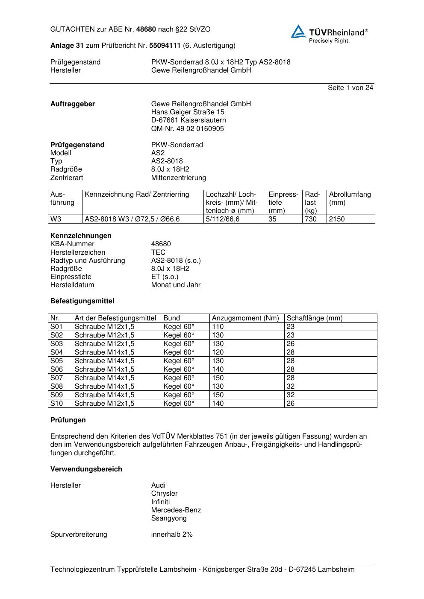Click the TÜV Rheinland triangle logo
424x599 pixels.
(299, 32)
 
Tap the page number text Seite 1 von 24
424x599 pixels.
(350, 88)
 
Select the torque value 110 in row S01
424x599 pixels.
(218, 327)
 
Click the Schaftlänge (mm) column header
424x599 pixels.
(314, 318)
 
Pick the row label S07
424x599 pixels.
(56, 378)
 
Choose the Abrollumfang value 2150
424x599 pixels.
(337, 219)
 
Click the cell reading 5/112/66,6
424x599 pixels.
(223, 219)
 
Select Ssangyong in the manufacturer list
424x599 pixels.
(169, 519)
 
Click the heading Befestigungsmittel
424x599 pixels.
(82, 301)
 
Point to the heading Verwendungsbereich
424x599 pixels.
(86, 469)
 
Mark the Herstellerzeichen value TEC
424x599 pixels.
(158, 253)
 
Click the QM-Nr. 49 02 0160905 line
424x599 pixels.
(187, 129)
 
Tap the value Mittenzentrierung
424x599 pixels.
(178, 178)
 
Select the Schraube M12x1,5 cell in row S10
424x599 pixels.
(104, 404)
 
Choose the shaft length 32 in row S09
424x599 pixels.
(291, 395)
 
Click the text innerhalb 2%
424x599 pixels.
(172, 535)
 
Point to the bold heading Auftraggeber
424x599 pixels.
(73, 104)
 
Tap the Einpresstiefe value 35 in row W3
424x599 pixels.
(272, 219)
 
